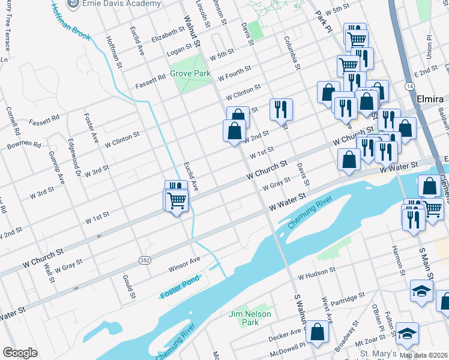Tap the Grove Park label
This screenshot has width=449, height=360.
point(190,73)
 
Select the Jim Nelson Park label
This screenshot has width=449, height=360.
point(250,318)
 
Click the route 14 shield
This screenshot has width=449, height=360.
point(409,87)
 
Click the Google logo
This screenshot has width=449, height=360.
point(20,353)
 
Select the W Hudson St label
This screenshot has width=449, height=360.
point(318,273)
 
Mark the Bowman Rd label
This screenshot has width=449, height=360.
point(24,145)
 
